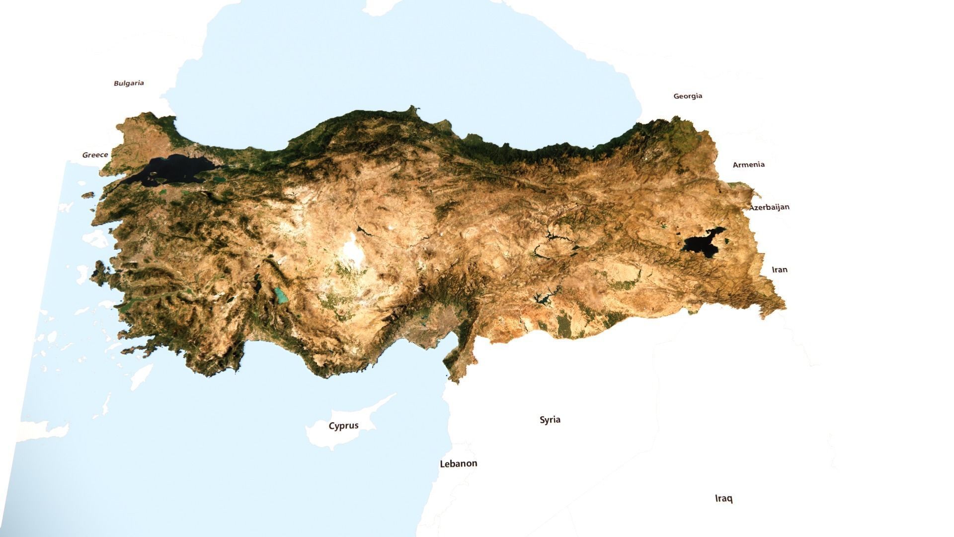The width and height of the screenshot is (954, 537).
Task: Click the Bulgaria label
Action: [x=129, y=83]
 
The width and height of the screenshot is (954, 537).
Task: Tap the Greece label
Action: [x=95, y=155]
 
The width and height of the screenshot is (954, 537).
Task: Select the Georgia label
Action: [x=688, y=96]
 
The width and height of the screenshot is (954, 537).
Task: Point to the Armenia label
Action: [x=748, y=165]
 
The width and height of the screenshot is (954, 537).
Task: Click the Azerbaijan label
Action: [x=769, y=207]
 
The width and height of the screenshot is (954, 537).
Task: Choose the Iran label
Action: [x=779, y=269]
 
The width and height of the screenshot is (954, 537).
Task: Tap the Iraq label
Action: [x=723, y=498]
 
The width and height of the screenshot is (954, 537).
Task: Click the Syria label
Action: [x=550, y=420]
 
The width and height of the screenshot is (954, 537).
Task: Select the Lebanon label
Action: [x=458, y=463]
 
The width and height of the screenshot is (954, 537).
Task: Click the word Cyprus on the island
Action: [x=343, y=426]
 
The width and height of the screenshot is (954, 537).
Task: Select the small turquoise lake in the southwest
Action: [x=282, y=296]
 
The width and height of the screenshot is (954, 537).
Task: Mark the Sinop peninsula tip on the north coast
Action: [x=412, y=108]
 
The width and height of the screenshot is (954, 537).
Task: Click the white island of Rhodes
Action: [x=141, y=376]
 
